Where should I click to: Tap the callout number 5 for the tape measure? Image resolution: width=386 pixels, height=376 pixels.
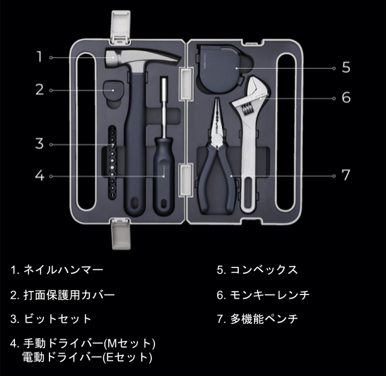point(346,67)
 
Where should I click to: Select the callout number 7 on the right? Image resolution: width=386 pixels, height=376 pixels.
point(346,175)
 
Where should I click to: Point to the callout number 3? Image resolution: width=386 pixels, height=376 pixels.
point(39,144)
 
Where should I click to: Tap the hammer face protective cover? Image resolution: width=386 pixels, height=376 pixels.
point(113,91)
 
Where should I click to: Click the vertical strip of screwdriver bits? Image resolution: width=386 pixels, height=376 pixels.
point(113,162)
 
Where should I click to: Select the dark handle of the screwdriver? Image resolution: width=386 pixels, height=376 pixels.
point(163,176)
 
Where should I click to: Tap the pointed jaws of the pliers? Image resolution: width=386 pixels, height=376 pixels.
point(217,116)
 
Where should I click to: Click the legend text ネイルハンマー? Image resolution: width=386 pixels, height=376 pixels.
point(63,270)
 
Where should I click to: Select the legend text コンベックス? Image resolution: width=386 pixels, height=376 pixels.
point(264,270)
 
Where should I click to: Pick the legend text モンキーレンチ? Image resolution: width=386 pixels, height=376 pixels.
point(270,295)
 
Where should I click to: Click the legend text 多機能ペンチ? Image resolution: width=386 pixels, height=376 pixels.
point(264,319)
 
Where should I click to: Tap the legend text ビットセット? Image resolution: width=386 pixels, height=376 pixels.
point(58,319)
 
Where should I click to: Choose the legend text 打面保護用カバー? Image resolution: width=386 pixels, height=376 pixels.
point(69,295)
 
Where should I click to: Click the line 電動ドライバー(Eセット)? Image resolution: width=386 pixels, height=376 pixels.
point(87,357)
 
